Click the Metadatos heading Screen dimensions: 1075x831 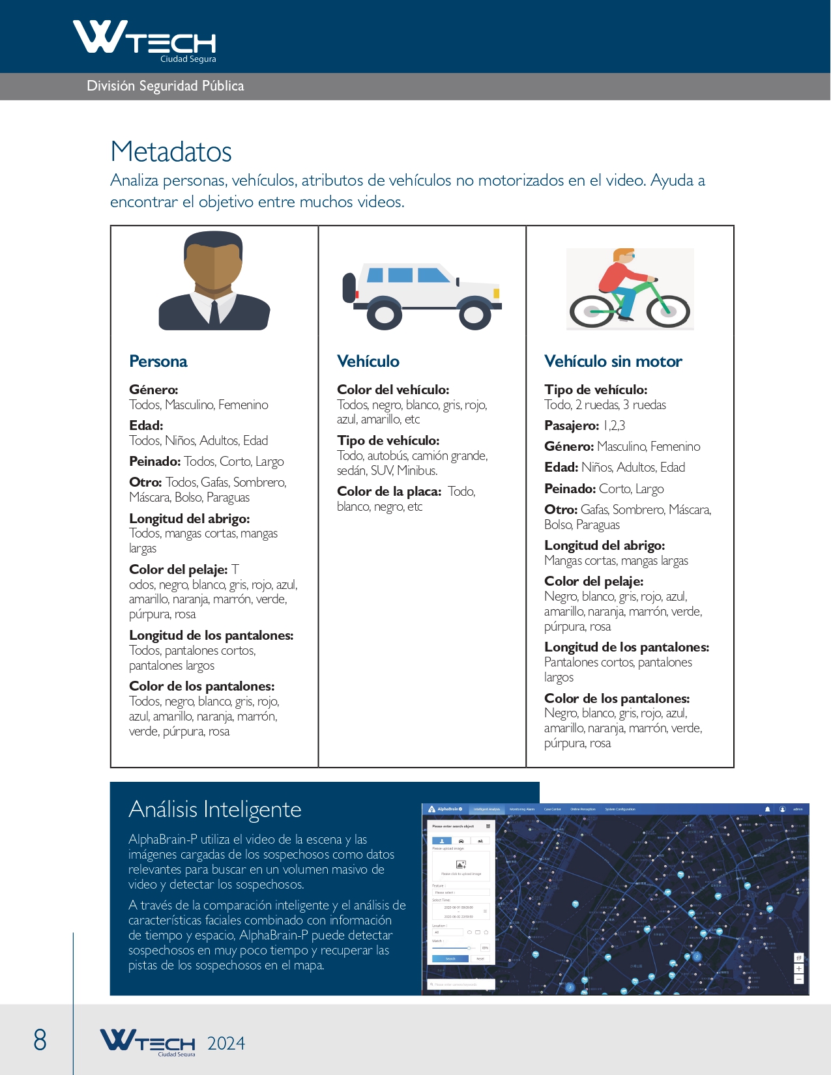[171, 152]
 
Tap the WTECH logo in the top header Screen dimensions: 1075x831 [145, 40]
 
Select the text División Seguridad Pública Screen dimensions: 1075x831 [166, 86]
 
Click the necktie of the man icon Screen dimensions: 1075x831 [214, 313]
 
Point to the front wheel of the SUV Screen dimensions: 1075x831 [474, 315]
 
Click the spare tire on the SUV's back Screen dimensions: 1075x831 [349, 288]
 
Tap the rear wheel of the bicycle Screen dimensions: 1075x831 [590, 311]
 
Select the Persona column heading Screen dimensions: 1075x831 [158, 362]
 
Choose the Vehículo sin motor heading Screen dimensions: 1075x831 [613, 362]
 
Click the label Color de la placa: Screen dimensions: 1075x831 [389, 491]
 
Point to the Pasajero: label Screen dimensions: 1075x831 [572, 425]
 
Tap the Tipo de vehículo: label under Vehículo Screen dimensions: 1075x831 [388, 440]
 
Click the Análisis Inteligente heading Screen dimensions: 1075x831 [215, 809]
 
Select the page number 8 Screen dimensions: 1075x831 [40, 1040]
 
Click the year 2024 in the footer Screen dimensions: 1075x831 [226, 1044]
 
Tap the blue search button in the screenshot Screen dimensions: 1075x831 [450, 958]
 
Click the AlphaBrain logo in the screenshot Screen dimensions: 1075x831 [445, 809]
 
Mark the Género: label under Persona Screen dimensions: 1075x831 [154, 390]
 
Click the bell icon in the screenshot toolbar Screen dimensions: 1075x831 [767, 809]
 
